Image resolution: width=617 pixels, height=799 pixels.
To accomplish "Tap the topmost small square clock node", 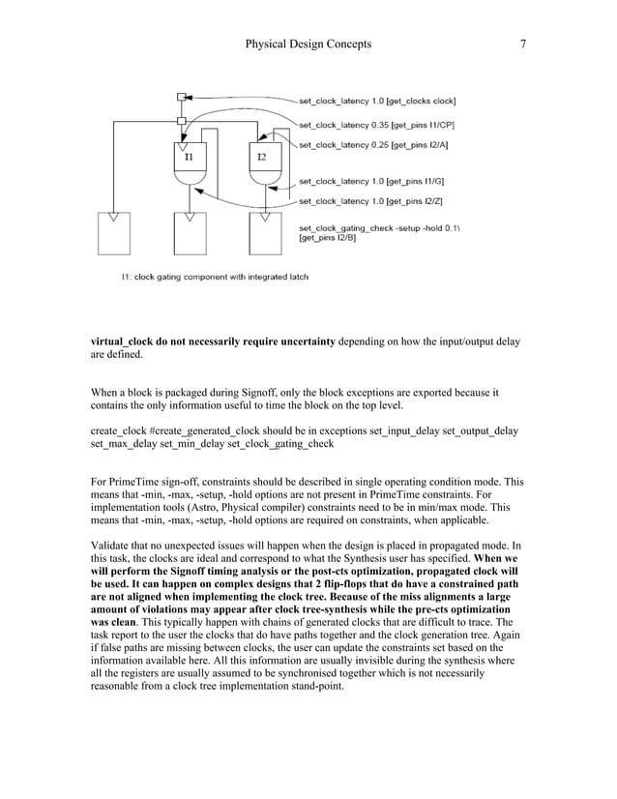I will coord(181,97).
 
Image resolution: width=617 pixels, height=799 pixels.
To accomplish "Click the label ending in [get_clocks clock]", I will coord(377,100).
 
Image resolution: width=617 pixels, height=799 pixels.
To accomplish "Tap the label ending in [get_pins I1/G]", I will coord(372,180).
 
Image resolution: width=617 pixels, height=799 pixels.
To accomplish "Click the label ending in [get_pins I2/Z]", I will coord(372,200).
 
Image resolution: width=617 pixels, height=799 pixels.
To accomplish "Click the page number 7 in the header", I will coord(523,44).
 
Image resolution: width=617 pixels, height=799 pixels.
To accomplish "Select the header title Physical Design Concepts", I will coord(308,44).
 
